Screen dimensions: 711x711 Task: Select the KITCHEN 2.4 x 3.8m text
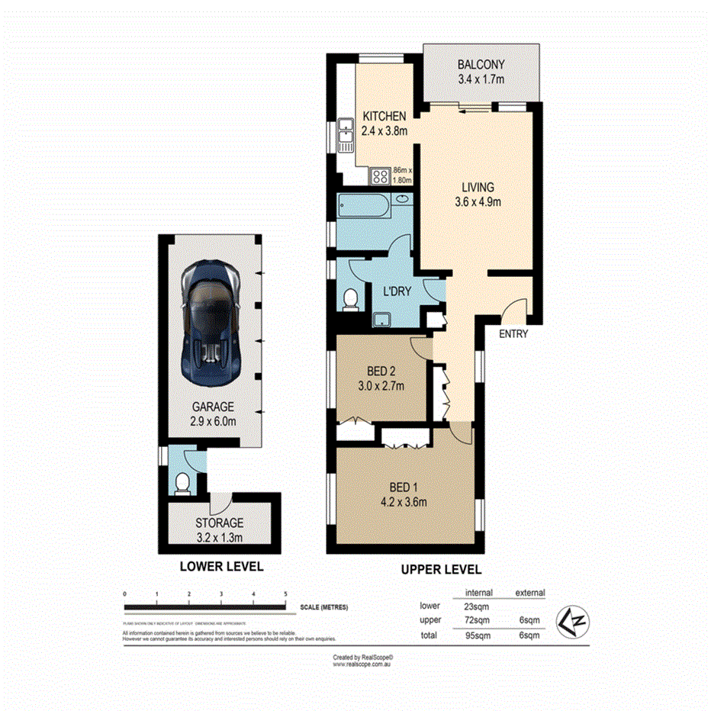tap(385, 123)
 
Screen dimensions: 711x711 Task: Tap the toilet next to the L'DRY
tap(351, 300)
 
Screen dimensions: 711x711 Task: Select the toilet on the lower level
tap(182, 484)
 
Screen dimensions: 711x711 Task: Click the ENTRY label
tap(513, 334)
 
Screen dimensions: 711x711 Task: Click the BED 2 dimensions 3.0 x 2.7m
tap(381, 385)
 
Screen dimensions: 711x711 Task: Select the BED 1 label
tap(402, 487)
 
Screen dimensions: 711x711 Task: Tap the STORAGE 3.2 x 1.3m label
tap(218, 529)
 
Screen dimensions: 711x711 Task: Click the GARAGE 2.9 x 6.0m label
tap(213, 413)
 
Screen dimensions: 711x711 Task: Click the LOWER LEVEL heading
tap(221, 566)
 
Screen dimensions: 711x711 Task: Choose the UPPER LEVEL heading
tap(441, 569)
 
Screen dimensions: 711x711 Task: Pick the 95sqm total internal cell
tap(478, 635)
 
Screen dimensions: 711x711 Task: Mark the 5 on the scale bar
tap(285, 594)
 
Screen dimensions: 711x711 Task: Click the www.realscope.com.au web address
tap(362, 664)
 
